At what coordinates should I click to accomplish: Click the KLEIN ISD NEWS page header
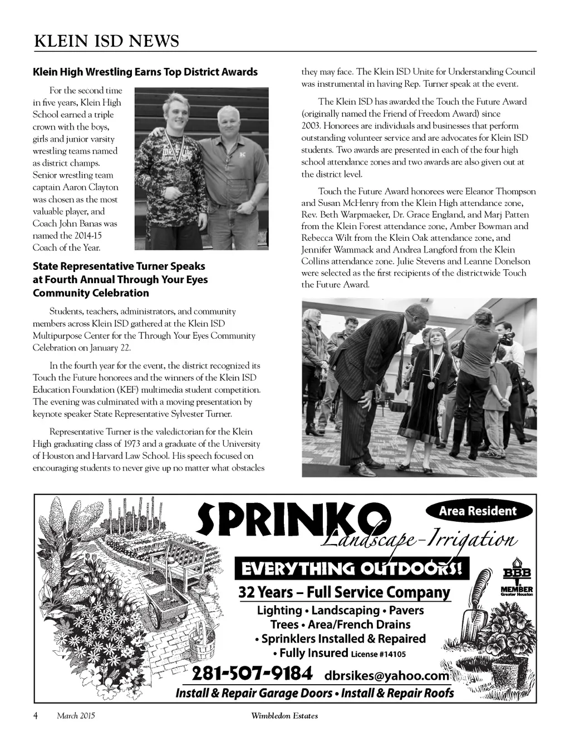click(x=106, y=41)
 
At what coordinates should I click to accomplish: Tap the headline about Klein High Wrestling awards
click(x=145, y=72)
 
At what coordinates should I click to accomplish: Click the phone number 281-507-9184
click(x=252, y=674)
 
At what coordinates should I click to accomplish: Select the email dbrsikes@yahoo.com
click(x=385, y=675)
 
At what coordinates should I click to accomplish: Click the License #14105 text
click(x=378, y=654)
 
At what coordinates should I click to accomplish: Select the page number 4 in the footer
click(x=36, y=716)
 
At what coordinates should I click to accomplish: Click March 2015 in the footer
click(x=76, y=716)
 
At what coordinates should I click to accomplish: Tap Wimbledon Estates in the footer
click(x=284, y=716)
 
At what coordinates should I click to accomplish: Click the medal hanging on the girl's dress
click(x=431, y=384)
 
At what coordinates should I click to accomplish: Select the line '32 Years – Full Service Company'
click(x=344, y=592)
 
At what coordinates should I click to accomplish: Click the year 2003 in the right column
click(x=311, y=126)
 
